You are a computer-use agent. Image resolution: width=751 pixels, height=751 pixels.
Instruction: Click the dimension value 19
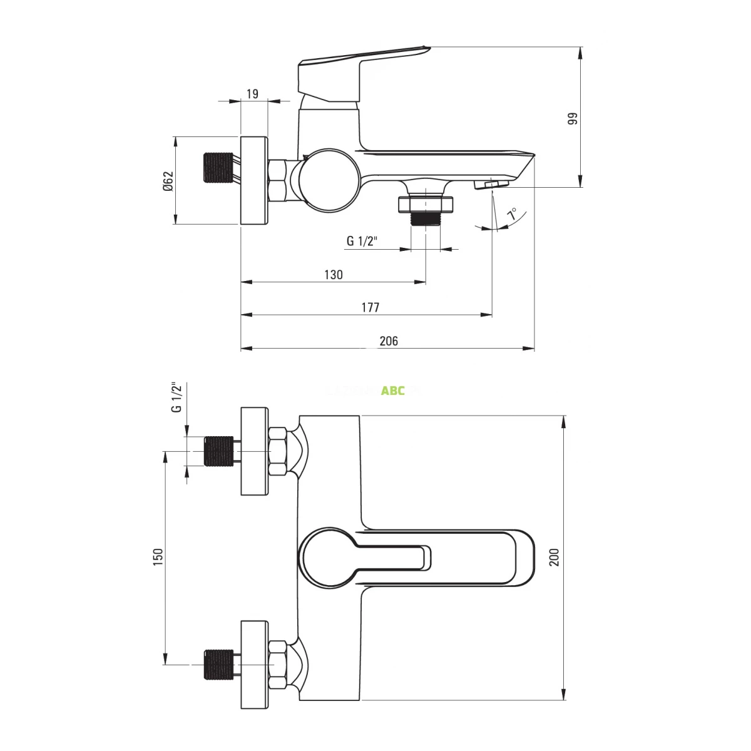click(x=252, y=94)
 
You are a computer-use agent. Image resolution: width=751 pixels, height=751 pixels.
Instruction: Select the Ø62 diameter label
click(x=167, y=180)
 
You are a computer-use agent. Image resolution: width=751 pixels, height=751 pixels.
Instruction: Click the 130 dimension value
click(x=333, y=275)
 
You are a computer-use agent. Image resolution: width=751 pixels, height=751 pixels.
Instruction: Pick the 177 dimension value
click(x=370, y=307)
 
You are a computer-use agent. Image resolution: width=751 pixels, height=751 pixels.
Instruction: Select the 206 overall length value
click(x=388, y=340)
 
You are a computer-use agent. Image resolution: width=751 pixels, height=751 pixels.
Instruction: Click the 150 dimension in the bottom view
click(x=158, y=556)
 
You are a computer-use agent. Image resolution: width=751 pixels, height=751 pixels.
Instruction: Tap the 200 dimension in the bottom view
click(x=554, y=556)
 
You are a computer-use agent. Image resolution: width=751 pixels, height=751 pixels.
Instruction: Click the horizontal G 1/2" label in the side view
click(x=361, y=241)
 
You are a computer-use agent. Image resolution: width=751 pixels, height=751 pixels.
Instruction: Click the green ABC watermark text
click(x=393, y=391)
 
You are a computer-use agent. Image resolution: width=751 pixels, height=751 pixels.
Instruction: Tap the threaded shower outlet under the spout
click(x=426, y=212)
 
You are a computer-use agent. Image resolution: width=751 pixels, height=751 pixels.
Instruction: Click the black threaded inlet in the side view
click(x=219, y=168)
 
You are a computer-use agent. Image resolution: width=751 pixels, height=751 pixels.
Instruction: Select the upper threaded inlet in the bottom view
click(x=219, y=451)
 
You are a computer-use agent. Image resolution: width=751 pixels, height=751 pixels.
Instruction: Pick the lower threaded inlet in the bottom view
click(x=219, y=664)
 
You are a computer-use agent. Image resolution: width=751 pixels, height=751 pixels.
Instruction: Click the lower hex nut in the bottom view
click(x=278, y=663)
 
